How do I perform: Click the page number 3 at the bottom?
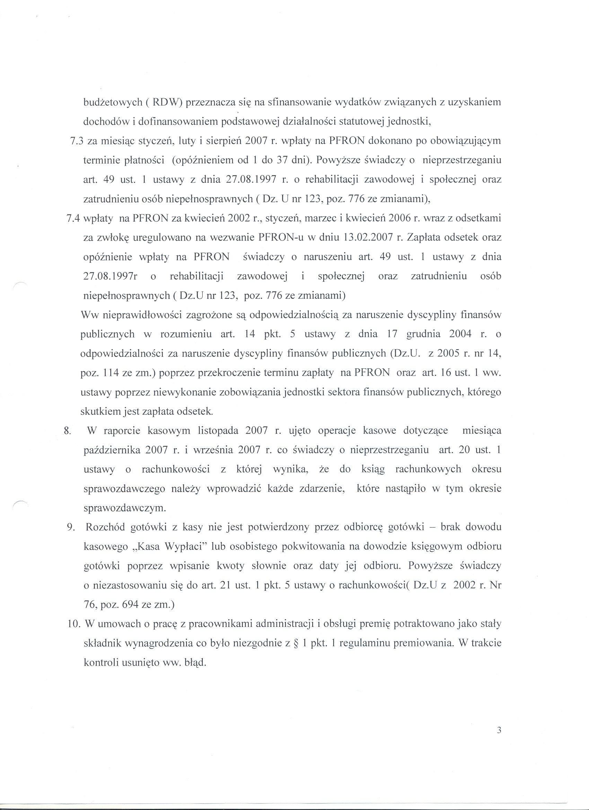click(499, 720)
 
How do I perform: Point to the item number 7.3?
click(77, 141)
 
